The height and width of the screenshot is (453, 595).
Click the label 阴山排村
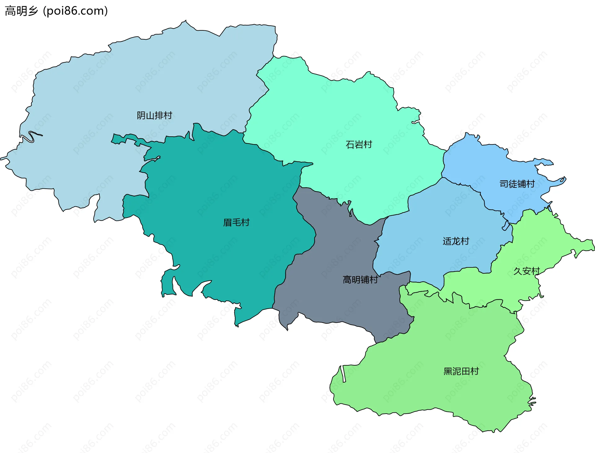click(x=154, y=116)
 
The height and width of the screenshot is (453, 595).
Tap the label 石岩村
click(x=359, y=145)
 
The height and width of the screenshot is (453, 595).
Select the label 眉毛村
click(x=236, y=222)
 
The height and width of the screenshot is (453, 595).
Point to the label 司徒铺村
click(x=517, y=184)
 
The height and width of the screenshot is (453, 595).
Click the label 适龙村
click(x=456, y=241)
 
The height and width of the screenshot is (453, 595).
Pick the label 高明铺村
click(x=360, y=280)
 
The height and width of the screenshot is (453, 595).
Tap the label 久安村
click(x=527, y=271)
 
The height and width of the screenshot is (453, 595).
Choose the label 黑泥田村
click(x=461, y=371)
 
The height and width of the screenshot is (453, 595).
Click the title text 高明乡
click(x=21, y=11)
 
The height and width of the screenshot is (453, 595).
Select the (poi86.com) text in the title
click(x=75, y=11)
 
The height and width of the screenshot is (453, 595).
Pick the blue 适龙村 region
click(x=434, y=217)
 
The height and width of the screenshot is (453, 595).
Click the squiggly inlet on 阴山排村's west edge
click(x=31, y=136)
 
